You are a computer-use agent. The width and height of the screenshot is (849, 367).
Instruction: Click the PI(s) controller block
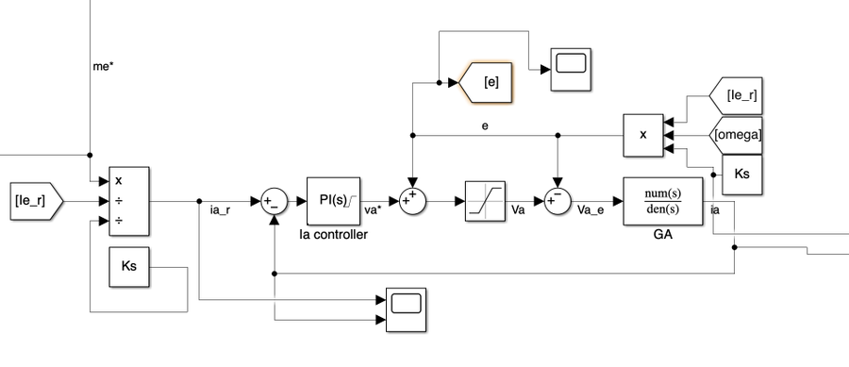click(x=330, y=200)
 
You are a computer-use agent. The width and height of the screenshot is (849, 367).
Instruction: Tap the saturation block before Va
click(x=486, y=201)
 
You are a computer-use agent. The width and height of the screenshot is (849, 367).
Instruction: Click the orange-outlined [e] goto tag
click(x=487, y=82)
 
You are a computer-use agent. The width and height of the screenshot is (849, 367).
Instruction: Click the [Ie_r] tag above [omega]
click(x=738, y=95)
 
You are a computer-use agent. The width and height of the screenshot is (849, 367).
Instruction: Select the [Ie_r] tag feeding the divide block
click(x=35, y=201)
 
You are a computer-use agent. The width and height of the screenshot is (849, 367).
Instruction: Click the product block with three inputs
click(x=643, y=135)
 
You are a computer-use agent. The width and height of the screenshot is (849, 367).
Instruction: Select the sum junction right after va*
click(x=412, y=201)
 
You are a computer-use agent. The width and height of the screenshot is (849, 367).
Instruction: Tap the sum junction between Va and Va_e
click(x=558, y=201)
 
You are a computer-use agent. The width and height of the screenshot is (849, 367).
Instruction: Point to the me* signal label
click(x=99, y=67)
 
